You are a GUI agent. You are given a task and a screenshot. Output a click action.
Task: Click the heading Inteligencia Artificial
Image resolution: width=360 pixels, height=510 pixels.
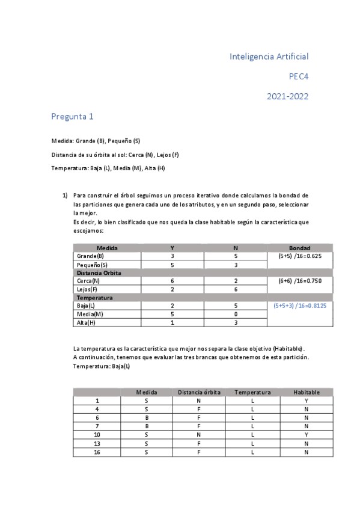click(269, 57)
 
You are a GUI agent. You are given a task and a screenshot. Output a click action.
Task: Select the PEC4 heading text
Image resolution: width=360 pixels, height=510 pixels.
click(299, 76)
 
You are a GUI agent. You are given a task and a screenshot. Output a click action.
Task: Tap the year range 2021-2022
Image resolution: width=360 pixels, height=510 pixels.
click(288, 96)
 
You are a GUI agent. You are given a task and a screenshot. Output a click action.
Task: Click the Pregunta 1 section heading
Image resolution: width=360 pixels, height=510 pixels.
click(72, 117)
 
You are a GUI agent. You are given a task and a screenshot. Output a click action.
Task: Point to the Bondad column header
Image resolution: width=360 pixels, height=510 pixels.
click(299, 248)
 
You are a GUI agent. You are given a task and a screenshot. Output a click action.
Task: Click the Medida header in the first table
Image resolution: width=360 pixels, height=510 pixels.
click(107, 248)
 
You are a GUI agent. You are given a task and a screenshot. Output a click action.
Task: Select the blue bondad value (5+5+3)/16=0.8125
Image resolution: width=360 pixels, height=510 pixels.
click(299, 306)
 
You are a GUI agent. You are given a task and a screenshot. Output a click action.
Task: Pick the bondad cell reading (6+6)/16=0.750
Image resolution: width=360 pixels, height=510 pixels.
click(299, 280)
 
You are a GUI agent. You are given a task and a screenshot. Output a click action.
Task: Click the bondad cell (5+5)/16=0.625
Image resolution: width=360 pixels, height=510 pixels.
click(299, 256)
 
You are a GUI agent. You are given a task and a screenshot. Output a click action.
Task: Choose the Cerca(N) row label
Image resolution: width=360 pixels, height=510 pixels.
click(88, 281)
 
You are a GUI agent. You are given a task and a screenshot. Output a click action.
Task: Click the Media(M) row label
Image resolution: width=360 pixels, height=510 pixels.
click(90, 314)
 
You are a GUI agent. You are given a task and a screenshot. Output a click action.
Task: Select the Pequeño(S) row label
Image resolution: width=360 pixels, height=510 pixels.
click(92, 265)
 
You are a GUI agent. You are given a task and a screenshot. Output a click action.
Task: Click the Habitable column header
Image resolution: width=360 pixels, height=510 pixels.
click(307, 392)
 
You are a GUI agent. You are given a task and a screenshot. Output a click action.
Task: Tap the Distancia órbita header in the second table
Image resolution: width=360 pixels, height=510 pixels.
click(200, 392)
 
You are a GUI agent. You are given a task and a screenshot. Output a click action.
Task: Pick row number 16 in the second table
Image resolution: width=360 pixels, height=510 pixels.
click(97, 452)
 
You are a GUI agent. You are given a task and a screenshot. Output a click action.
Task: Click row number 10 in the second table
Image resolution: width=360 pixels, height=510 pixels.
click(97, 434)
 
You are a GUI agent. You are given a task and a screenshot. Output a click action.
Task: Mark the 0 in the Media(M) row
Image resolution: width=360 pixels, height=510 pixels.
click(235, 314)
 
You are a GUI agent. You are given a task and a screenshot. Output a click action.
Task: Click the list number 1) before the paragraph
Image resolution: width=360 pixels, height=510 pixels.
click(66, 195)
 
